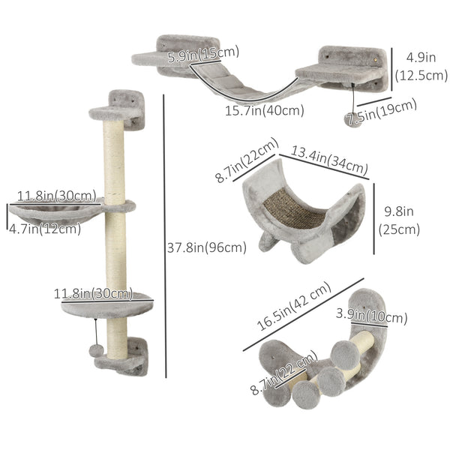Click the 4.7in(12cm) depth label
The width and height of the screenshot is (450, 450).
coord(43,229)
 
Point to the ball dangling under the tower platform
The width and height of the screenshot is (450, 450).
coord(97,351)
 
